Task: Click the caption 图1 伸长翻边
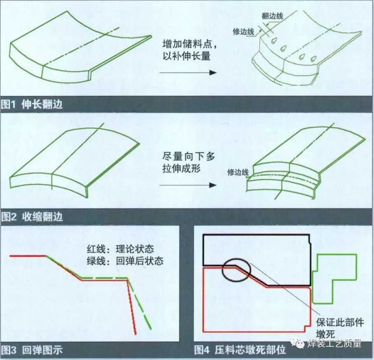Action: click(x=32, y=104)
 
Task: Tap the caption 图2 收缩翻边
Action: click(x=32, y=217)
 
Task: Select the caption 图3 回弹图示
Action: click(x=32, y=350)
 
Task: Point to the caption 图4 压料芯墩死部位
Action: click(x=240, y=350)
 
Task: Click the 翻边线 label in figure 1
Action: click(x=273, y=16)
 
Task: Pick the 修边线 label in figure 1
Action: click(x=244, y=32)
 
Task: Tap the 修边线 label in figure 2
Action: click(x=238, y=172)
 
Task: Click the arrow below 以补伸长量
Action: click(x=188, y=72)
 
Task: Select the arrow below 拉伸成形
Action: click(x=188, y=185)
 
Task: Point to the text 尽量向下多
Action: click(x=189, y=157)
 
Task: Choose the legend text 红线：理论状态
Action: click(x=120, y=249)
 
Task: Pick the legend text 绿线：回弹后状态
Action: click(x=125, y=261)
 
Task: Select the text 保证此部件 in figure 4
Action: click(x=340, y=323)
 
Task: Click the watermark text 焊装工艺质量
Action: click(x=334, y=344)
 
